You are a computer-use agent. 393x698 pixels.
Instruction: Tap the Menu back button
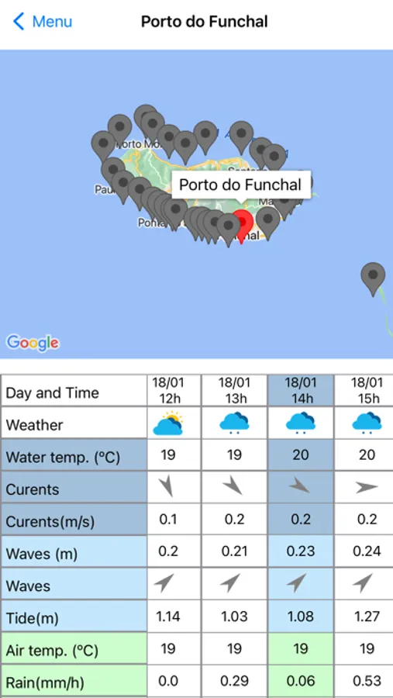point(43,22)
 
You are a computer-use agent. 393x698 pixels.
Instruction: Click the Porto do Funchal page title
point(205,22)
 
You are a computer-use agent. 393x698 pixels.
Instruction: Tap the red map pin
point(243,224)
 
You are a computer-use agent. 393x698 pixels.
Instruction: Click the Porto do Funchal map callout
point(240,185)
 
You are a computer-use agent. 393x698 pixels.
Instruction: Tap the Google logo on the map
point(33,342)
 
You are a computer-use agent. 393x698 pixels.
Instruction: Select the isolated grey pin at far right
point(374,278)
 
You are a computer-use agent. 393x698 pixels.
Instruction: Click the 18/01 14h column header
point(301,391)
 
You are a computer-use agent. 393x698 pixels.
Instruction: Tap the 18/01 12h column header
point(168,391)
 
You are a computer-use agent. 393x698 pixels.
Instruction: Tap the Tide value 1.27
point(367,617)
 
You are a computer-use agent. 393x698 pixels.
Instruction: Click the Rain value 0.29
point(234,680)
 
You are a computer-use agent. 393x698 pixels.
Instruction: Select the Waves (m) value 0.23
point(301,551)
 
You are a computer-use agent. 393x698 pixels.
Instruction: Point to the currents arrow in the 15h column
point(367,488)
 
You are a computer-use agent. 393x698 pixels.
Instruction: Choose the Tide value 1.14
point(168,617)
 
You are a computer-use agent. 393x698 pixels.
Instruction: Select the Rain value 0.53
point(367,680)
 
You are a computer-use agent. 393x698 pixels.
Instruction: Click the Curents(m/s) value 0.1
point(168,520)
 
